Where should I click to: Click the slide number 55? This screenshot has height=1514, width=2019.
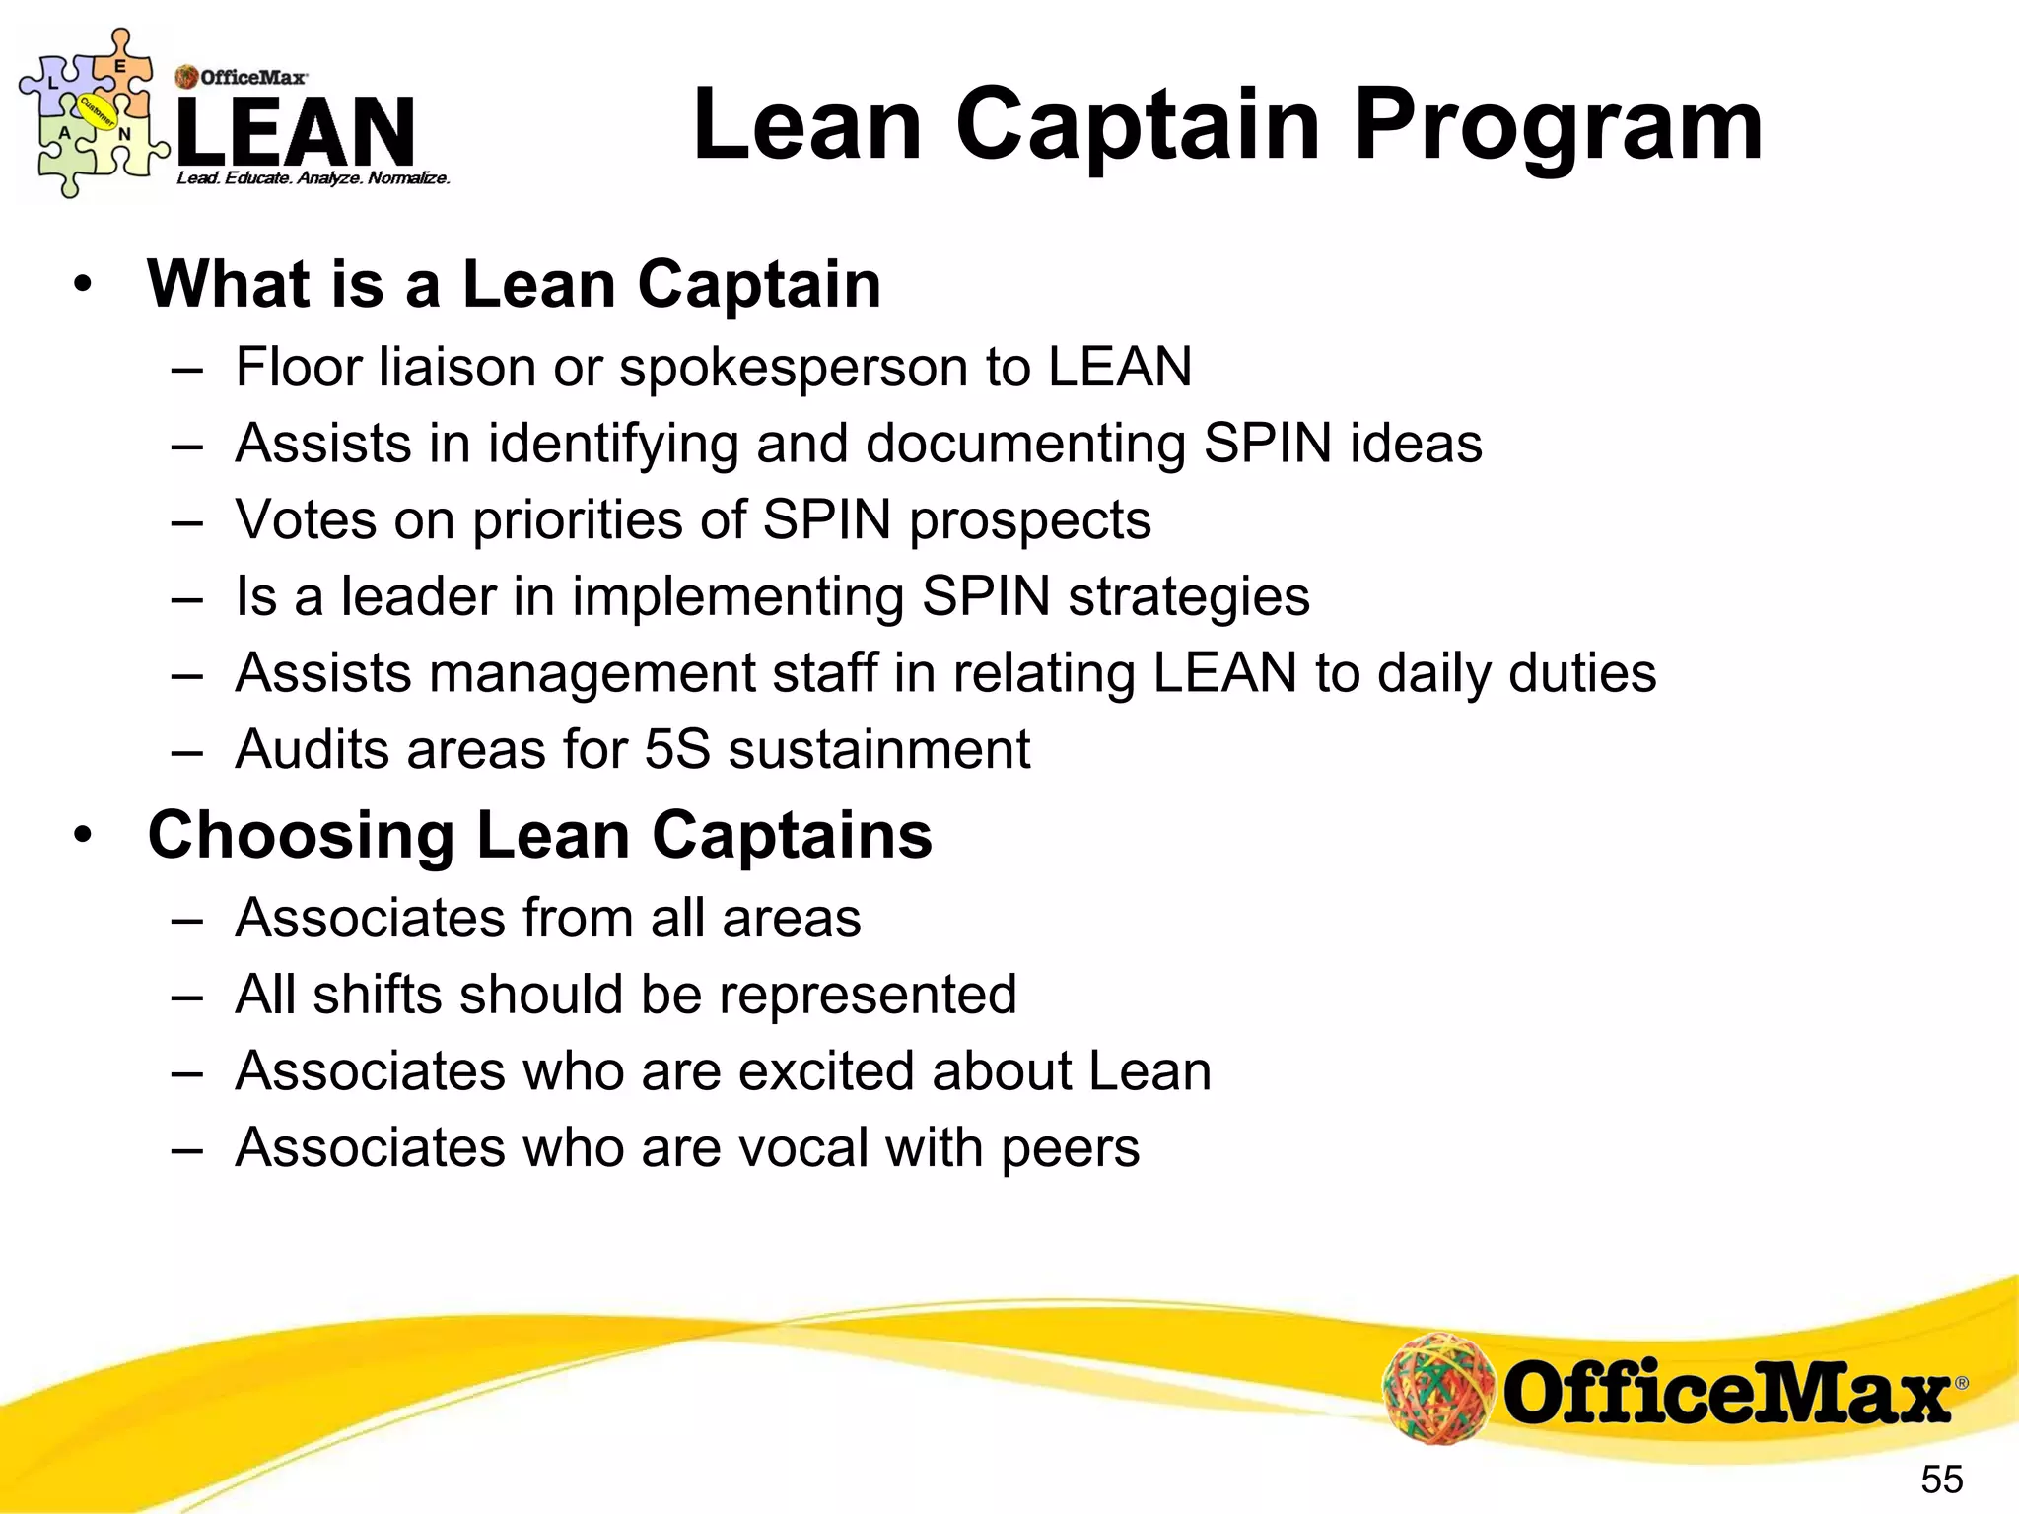(1941, 1480)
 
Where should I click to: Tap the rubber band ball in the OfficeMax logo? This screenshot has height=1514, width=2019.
(1438, 1389)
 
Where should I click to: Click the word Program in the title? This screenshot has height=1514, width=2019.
(1558, 125)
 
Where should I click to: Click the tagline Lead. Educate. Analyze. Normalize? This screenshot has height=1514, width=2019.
(313, 178)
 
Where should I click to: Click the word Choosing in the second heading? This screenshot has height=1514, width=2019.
(301, 836)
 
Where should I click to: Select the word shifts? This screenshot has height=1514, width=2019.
(377, 994)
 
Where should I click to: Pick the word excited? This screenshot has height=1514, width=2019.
(826, 1070)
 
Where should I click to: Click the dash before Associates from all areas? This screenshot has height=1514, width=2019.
(185, 919)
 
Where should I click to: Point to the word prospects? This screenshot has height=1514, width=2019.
(1029, 519)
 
